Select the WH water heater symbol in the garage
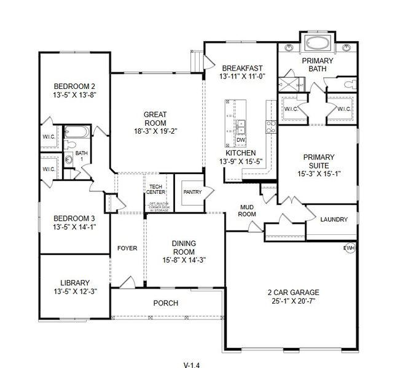point(350,248)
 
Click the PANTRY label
point(192,192)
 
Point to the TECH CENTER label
point(155,189)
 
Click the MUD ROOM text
point(247,212)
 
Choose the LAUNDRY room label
point(334,220)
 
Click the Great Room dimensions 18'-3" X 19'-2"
point(155,131)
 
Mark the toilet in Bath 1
point(70,145)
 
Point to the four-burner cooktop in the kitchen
point(269,126)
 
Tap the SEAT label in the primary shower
point(300,85)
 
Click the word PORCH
point(165,303)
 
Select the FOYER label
point(127,248)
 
